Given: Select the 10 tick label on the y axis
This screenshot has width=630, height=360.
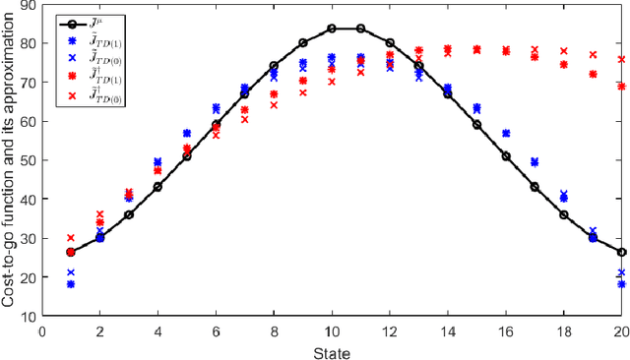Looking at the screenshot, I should pos(31,316).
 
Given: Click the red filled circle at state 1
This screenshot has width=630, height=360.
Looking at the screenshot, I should pos(71,252).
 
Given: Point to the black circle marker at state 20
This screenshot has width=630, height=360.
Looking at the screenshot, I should pos(621,252).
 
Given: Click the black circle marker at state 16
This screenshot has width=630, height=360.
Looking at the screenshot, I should pos(506,155).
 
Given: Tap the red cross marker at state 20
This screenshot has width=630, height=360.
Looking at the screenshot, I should pos(621,59).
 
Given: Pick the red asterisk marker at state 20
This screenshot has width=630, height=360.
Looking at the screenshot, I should pos(621,87).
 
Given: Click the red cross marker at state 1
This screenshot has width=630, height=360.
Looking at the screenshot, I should pos(71,237).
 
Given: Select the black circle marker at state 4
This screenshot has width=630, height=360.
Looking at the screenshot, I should pos(157,186).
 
